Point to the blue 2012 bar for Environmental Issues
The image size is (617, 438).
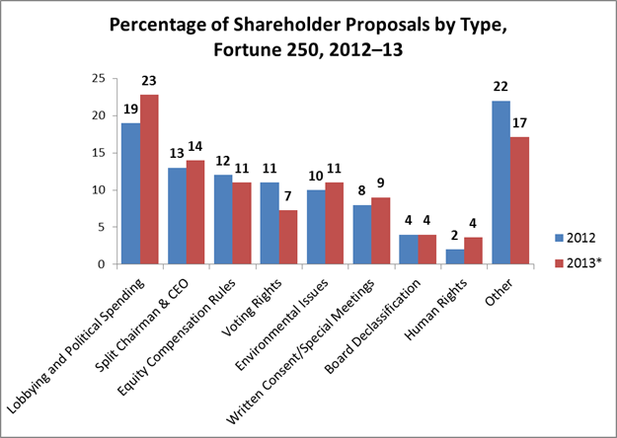(317, 227)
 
